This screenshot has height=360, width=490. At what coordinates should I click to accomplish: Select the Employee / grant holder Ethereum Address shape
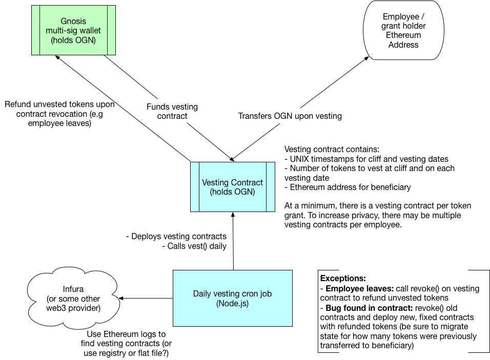pyautogui.click(x=403, y=31)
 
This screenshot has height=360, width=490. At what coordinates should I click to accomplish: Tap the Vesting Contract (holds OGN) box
pyautogui.click(x=232, y=187)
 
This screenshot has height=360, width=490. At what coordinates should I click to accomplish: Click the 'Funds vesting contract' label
pyautogui.click(x=172, y=112)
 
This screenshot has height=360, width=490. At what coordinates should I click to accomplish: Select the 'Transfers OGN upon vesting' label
pyautogui.click(x=290, y=116)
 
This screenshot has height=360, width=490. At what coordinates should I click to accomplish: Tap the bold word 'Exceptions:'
pyautogui.click(x=343, y=279)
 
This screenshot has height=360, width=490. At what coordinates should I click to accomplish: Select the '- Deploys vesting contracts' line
pyautogui.click(x=176, y=237)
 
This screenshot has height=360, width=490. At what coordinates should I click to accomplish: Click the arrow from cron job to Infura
pyautogui.click(x=146, y=298)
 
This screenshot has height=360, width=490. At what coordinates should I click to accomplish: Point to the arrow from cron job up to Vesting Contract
pyautogui.click(x=233, y=241)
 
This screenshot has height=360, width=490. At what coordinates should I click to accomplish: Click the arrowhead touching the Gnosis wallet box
pyautogui.click(x=59, y=58)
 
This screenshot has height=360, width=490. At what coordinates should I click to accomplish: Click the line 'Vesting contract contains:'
pyautogui.click(x=331, y=150)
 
